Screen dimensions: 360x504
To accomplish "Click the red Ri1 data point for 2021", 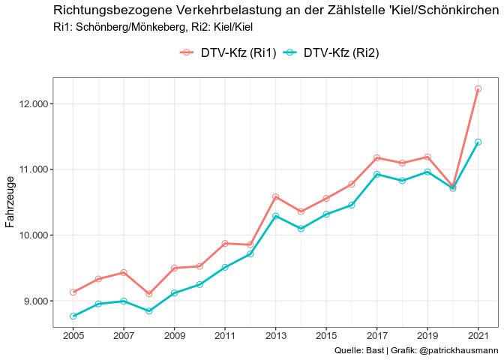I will [x=478, y=88].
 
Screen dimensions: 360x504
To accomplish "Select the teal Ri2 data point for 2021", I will [x=478, y=142].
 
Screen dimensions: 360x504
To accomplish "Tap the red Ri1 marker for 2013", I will [x=275, y=196].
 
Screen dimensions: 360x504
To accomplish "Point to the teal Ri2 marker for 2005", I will [x=73, y=316].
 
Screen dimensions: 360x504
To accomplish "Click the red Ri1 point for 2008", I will [x=148, y=293].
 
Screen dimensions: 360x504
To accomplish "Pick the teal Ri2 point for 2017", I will [x=376, y=174].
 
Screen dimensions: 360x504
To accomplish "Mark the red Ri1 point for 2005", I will [x=73, y=292].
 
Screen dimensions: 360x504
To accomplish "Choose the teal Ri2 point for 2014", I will [x=301, y=228].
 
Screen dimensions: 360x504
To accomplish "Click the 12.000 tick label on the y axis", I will [x=30, y=103].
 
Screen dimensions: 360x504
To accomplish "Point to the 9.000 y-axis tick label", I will [x=33, y=301].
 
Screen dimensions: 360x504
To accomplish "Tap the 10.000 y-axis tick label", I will [x=30, y=235].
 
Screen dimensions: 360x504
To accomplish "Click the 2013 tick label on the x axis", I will [x=275, y=335].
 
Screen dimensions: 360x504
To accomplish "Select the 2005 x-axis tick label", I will [x=73, y=335].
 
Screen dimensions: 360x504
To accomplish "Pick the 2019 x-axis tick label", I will [x=427, y=335].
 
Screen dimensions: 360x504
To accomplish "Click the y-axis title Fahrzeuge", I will [x=10, y=202].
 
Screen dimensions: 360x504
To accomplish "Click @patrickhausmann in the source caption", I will [x=458, y=350].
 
